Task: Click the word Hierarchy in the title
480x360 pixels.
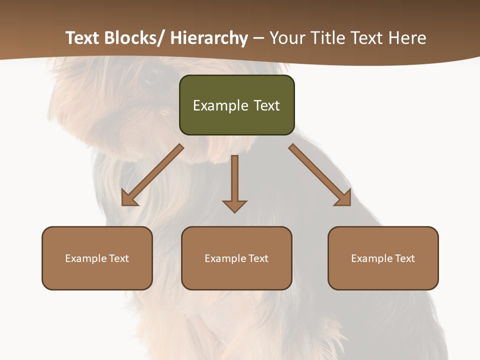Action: click(209, 38)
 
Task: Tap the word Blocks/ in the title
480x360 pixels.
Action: click(133, 38)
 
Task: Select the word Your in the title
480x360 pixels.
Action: click(288, 38)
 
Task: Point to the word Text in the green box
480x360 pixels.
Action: click(266, 105)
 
